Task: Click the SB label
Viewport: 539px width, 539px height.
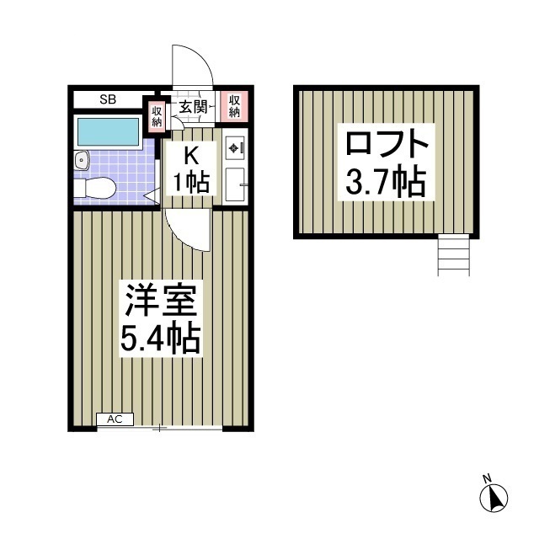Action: [108, 99]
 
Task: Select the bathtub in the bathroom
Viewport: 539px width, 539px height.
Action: [108, 132]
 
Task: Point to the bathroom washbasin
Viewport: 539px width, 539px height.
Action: [82, 160]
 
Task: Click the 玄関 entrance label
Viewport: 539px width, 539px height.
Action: [193, 107]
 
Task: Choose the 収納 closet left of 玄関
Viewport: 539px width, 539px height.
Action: [157, 115]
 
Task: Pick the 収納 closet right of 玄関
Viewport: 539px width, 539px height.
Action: [233, 106]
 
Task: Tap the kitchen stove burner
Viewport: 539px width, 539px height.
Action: [233, 149]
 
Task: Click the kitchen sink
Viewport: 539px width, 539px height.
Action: [234, 183]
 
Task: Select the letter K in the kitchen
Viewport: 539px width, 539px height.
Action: [191, 155]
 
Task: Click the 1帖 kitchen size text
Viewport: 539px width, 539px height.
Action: [191, 180]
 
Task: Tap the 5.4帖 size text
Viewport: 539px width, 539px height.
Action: [160, 339]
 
